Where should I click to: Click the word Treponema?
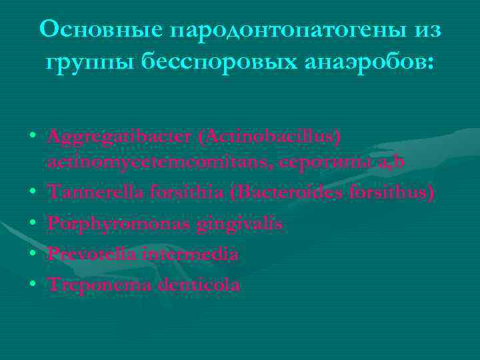tap(93, 285)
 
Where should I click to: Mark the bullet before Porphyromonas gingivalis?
tap(33, 224)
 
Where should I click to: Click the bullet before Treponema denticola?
tap(33, 285)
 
